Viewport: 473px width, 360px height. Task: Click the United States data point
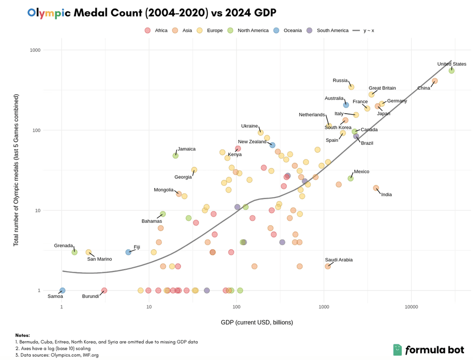451,71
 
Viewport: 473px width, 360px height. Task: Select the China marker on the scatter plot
435,81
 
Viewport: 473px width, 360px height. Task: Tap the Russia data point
352,87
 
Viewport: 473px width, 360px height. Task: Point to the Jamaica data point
176,156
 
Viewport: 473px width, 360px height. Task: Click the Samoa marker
62,290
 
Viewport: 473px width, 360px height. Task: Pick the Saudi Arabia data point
328,266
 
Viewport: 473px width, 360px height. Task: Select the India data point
376,188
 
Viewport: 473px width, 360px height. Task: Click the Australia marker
346,105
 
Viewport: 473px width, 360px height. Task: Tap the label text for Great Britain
382,88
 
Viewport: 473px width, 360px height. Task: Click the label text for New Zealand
252,142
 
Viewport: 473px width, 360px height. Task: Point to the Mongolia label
164,190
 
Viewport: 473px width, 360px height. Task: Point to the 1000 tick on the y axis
48,50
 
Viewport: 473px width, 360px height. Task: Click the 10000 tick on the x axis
411,306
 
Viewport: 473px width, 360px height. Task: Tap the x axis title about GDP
256,322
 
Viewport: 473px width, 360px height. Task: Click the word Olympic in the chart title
49,12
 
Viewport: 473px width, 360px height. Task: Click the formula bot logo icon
397,350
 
